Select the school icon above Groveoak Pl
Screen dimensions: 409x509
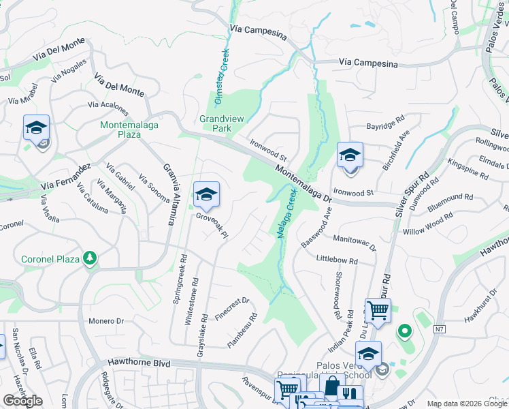[x=206, y=195]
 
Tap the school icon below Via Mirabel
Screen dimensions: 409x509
[x=36, y=127]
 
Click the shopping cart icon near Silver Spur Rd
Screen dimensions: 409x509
[x=378, y=311]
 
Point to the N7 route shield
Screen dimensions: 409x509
[x=439, y=329]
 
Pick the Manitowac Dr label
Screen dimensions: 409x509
[x=355, y=243]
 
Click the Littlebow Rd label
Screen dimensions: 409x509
[x=337, y=260]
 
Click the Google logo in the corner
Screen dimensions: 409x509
[x=22, y=401]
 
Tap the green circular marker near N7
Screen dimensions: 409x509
[x=404, y=333]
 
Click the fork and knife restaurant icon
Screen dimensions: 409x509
[x=350, y=395]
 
